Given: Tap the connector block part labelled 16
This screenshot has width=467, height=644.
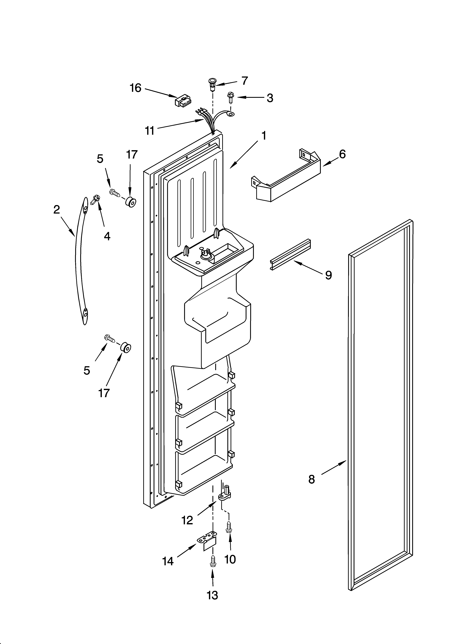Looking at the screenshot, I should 183,101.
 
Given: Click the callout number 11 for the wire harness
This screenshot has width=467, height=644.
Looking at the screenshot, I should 150,131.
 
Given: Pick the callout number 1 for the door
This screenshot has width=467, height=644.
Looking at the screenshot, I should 264,136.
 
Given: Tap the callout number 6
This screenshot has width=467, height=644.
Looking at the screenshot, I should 342,154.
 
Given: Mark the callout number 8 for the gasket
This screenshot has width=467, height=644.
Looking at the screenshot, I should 312,480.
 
